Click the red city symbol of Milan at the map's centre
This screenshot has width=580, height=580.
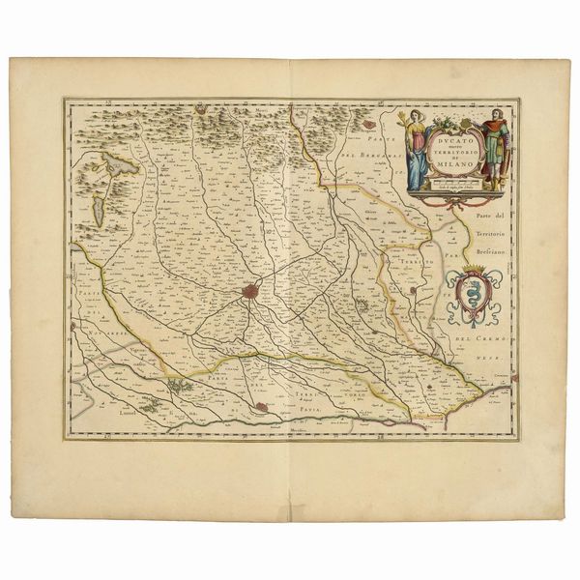[x=251, y=289]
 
